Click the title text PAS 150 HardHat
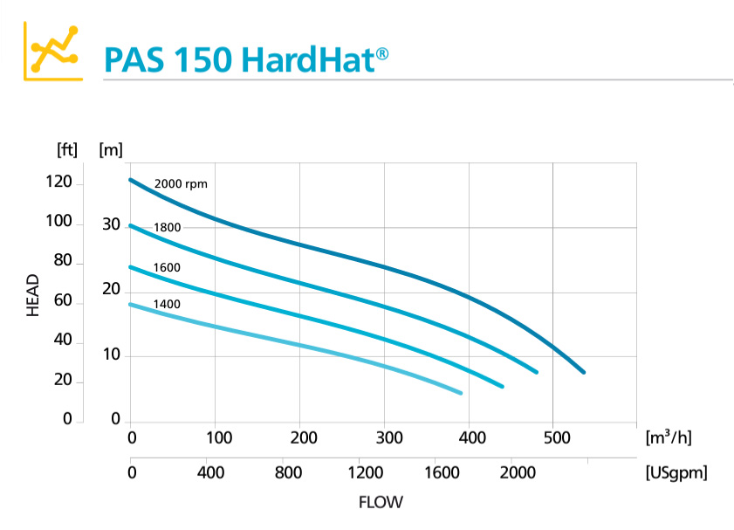(245, 59)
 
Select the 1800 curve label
(167, 228)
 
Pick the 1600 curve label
(167, 267)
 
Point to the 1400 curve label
(167, 304)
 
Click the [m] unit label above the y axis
(111, 149)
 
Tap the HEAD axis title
(33, 295)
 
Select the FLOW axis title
(381, 503)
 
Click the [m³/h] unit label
(669, 436)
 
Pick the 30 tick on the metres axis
(110, 224)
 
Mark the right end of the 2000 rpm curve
(584, 372)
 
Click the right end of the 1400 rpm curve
(461, 393)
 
